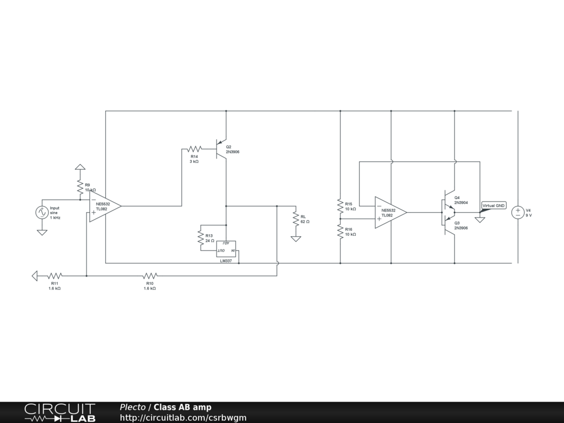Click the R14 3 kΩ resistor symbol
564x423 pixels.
coord(193,149)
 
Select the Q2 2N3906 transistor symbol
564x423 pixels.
coord(221,149)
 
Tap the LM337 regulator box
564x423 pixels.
coord(226,249)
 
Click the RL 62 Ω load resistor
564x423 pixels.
coord(296,219)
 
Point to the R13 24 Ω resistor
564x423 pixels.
coord(200,237)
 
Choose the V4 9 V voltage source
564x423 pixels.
coord(518,213)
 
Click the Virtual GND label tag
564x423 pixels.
coord(493,205)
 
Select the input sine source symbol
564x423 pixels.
coord(42,213)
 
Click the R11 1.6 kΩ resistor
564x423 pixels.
coord(55,275)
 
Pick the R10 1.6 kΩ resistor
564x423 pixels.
coord(150,275)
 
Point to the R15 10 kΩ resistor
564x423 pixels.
coord(340,206)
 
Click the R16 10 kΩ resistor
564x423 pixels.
coord(340,231)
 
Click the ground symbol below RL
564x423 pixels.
coord(296,238)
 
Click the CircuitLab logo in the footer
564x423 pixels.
coord(59,413)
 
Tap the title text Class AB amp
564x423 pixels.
coord(182,408)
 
